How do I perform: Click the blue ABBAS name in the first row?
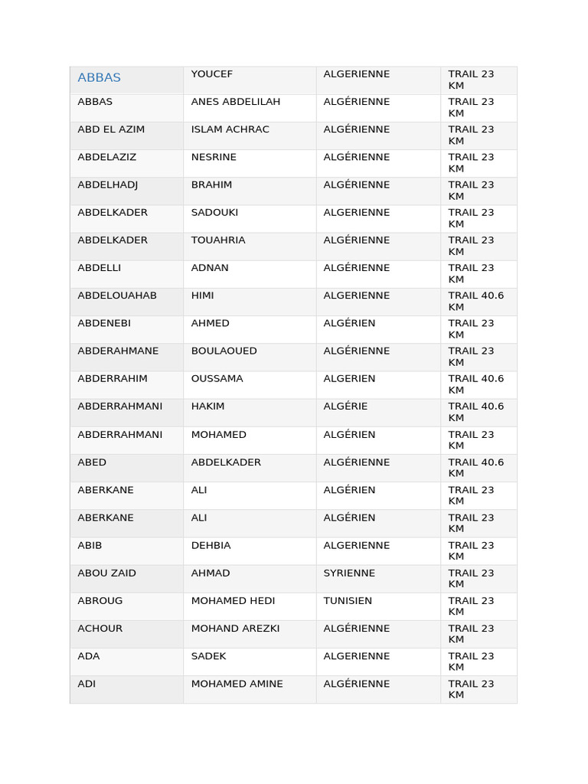click(100, 78)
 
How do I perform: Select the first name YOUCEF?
click(212, 74)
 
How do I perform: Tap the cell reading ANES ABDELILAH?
click(236, 102)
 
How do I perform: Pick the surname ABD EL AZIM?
click(111, 129)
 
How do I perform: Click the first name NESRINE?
click(214, 157)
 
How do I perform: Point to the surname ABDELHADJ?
click(108, 185)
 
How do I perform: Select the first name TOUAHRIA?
click(218, 240)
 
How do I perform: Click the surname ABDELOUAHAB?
click(117, 296)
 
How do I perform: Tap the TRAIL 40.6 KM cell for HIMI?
click(476, 301)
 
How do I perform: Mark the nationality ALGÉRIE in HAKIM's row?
click(345, 407)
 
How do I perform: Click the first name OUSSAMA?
click(217, 379)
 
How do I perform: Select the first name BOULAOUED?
click(224, 351)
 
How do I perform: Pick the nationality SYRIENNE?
click(349, 573)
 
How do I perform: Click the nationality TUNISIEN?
click(348, 601)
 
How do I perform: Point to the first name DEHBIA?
click(211, 545)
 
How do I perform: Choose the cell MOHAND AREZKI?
click(235, 629)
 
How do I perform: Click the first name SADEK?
click(208, 656)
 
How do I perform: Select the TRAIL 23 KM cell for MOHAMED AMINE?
click(471, 689)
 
